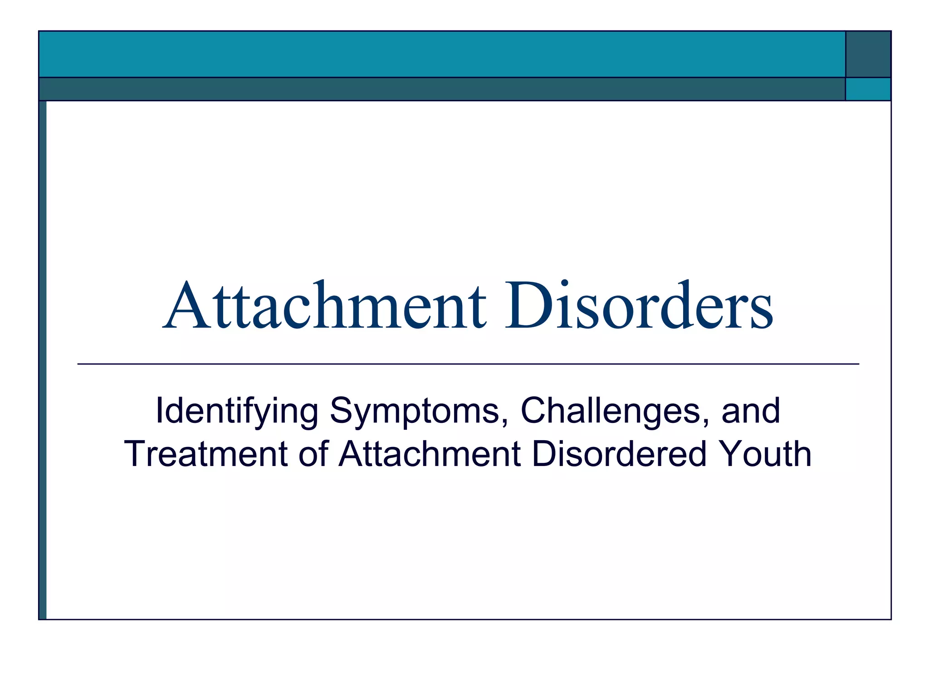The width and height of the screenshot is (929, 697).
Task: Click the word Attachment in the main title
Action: [x=324, y=306]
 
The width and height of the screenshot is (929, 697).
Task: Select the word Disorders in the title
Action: [x=639, y=306]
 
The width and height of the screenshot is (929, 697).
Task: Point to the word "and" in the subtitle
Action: [x=751, y=411]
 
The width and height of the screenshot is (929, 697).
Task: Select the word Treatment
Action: [x=206, y=454]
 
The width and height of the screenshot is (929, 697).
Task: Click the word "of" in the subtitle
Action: [x=313, y=454]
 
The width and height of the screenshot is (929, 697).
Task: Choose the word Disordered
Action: [x=619, y=454]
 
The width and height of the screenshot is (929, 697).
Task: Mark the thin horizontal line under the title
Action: [x=468, y=364]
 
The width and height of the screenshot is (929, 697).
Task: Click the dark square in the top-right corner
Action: [x=868, y=54]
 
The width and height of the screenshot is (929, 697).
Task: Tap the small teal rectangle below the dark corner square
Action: [x=868, y=89]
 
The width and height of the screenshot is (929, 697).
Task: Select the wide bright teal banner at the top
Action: [x=442, y=54]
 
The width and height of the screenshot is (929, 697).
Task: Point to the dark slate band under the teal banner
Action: [x=442, y=89]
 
